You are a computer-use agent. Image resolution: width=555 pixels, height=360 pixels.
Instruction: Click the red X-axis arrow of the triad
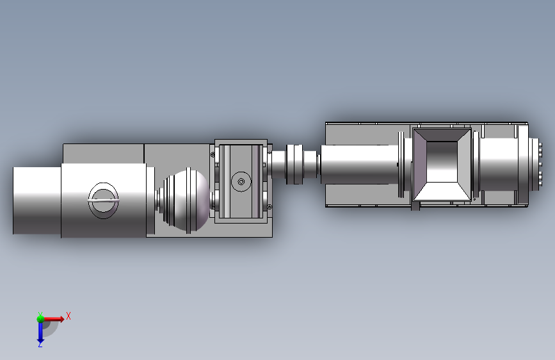point(53,319)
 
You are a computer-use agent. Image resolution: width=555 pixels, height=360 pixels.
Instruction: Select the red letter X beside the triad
point(68,316)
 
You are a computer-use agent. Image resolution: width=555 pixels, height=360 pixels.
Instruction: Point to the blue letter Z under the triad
point(40,344)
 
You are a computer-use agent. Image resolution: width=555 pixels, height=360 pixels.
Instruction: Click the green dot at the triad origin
point(40,319)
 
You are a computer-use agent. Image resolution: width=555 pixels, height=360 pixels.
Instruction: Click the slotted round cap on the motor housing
point(103,200)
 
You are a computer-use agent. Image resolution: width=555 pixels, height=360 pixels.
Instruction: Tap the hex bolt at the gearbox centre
point(241,182)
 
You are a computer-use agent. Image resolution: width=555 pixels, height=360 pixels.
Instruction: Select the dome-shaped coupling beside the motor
point(186,200)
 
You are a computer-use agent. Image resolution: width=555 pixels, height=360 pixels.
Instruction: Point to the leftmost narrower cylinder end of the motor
point(37,200)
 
